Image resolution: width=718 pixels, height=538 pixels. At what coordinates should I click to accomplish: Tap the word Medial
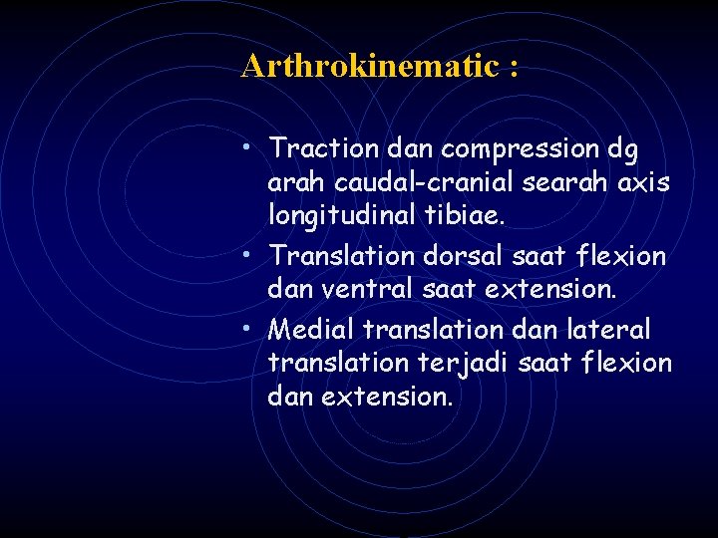[x=313, y=328]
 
